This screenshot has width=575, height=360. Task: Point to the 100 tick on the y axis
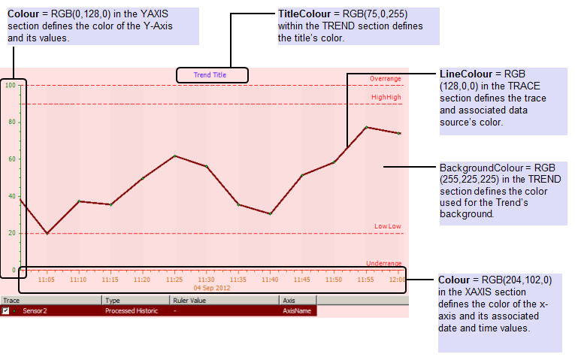pos(9,85)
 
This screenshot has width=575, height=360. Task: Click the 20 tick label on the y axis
pos(11,233)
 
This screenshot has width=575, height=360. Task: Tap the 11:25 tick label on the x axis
pos(174,279)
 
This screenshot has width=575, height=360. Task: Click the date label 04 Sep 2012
pos(211,288)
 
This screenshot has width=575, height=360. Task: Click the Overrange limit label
pos(385,79)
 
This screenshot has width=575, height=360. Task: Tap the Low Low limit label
pos(387,226)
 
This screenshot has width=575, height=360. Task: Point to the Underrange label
pos(383,263)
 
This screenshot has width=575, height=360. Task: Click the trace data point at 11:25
pos(174,156)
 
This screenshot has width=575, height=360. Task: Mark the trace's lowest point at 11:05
pos(47,233)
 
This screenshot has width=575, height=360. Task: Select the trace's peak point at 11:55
pos(366,127)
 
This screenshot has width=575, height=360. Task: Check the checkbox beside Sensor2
pos(6,310)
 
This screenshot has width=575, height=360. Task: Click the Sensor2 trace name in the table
pos(35,310)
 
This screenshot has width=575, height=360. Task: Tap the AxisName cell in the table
pos(297,310)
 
